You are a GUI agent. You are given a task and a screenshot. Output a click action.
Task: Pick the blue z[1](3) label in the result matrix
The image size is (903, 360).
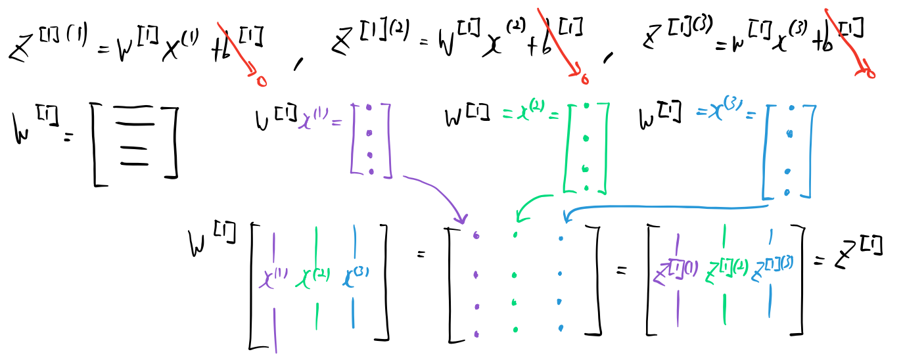[x=772, y=268]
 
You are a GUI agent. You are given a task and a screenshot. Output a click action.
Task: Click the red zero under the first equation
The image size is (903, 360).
[x=261, y=81]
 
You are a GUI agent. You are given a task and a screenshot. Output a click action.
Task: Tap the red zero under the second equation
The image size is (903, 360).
[x=583, y=79]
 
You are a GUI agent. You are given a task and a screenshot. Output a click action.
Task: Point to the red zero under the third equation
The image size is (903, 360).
[x=869, y=72]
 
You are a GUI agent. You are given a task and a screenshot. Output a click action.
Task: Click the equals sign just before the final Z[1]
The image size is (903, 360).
[x=819, y=261]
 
